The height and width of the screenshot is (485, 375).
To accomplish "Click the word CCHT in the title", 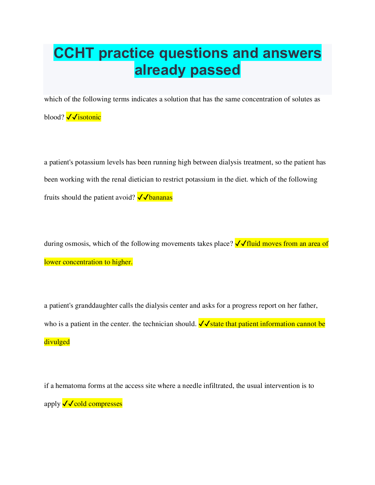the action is pos(74,53).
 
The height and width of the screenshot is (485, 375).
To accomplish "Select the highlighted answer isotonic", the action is pos(89,117).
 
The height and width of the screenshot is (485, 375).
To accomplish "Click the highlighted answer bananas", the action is pos(161,197).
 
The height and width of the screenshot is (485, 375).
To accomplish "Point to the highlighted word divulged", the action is pos(57,342).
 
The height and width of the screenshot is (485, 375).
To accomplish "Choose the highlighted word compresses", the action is pos(105,404).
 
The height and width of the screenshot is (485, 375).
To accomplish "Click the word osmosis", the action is pos(78,243).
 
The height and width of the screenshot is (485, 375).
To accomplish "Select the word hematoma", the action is pos(71,386).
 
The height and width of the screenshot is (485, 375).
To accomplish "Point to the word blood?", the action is pos(54,117).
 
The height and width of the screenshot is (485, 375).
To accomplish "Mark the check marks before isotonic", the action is pos(72,117).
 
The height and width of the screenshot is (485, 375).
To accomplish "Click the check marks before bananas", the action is pos(143,197).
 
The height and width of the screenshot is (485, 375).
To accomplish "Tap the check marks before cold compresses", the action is pos(68,404).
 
